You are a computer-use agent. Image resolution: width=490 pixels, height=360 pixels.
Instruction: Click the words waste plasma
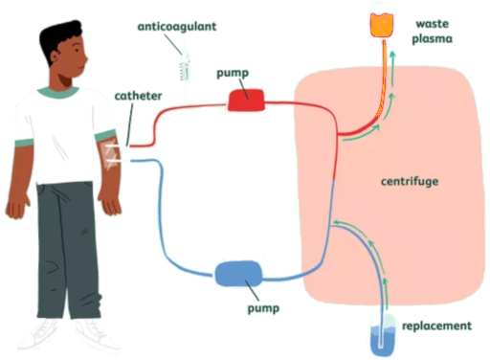pos(434,32)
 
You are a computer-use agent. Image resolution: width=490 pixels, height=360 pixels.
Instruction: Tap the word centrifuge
pos(401,180)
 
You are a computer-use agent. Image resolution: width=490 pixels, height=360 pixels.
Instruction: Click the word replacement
pos(436,326)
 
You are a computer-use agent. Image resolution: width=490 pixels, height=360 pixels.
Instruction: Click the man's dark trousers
pos(67,249)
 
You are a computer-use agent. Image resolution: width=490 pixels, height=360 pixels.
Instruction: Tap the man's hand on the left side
pos(16,203)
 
